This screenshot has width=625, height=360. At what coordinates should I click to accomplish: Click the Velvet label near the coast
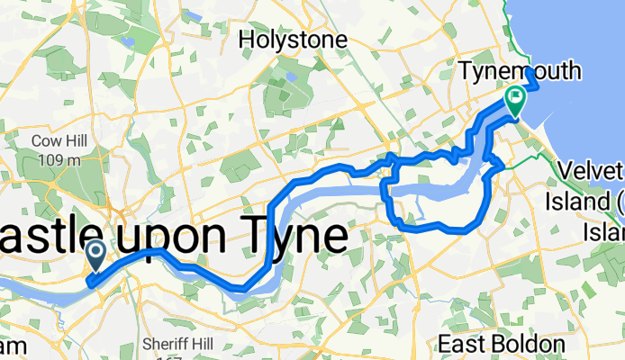(x=590, y=170)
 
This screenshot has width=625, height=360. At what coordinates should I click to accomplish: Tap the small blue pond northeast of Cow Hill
(x=130, y=40)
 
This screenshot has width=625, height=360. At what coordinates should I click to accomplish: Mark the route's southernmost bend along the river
(x=238, y=288)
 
